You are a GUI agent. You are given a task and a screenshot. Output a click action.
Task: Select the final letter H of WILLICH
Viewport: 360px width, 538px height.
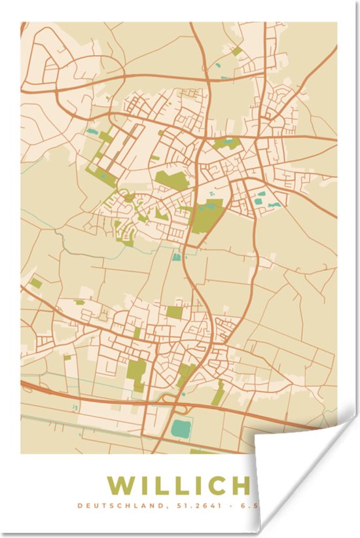(240, 486)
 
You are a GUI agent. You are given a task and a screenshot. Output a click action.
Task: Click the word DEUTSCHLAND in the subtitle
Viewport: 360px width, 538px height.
(109, 506)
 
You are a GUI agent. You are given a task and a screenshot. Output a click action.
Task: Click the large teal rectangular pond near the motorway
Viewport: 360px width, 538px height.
(179, 430)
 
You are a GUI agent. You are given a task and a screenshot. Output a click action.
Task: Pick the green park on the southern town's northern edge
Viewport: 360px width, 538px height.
(174, 312)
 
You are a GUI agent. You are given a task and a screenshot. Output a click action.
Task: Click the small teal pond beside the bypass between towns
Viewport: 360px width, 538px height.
(176, 257)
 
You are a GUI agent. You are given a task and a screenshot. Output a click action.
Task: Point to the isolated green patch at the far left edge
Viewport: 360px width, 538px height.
(35, 283)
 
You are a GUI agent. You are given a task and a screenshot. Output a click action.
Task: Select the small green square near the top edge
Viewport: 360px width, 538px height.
(237, 50)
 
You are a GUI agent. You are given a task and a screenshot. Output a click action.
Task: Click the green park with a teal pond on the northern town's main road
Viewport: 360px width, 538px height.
(226, 143)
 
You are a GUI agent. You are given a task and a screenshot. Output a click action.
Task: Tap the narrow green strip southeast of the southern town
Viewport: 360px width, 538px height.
(218, 393)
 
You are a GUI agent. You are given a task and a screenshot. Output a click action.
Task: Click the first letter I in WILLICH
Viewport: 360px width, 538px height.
(146, 486)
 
